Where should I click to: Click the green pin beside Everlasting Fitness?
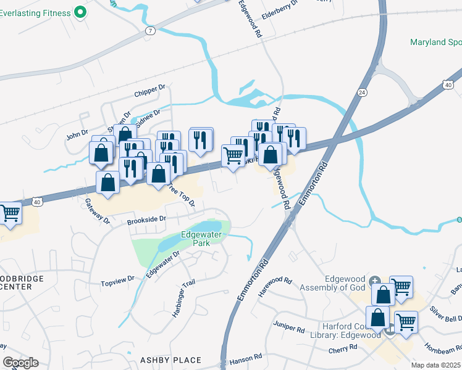click(80, 12)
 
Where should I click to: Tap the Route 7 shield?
click(150, 30)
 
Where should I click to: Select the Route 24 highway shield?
click(361, 92)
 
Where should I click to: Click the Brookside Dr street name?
click(147, 219)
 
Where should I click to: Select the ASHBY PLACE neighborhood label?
click(170, 360)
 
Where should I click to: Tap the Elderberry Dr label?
click(280, 3)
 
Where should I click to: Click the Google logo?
click(20, 363)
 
